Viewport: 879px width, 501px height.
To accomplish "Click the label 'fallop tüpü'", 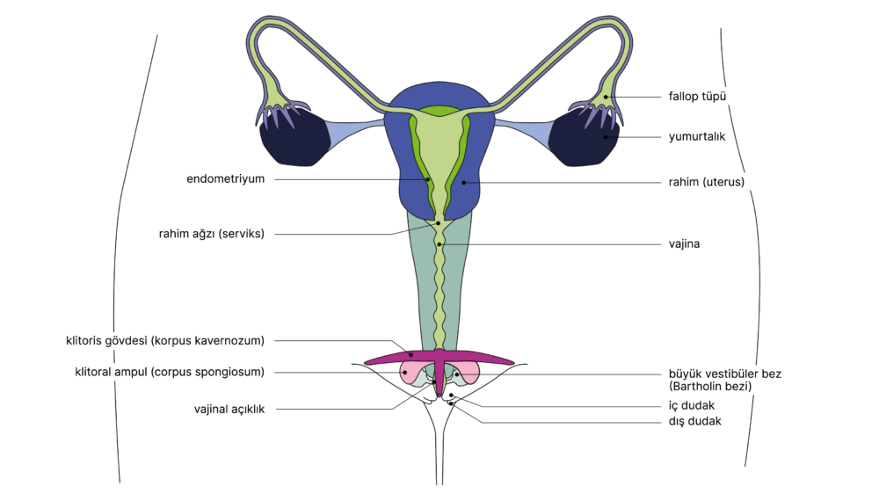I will click(x=697, y=97).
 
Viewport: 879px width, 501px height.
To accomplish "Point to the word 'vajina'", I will click(x=684, y=244).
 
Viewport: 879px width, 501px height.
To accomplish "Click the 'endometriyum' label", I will click(x=226, y=178).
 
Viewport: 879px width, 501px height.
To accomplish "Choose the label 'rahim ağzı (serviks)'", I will click(x=212, y=234).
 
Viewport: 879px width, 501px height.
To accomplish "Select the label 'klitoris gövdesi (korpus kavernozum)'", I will click(x=165, y=340).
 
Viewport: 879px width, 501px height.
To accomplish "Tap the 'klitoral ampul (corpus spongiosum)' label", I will click(x=170, y=372).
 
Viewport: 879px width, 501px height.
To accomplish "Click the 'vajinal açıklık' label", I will click(x=229, y=409).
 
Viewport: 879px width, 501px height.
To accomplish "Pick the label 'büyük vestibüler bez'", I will click(x=724, y=374).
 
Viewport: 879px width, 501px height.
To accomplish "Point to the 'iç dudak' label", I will click(x=691, y=406).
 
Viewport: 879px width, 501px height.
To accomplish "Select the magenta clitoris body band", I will click(x=387, y=356).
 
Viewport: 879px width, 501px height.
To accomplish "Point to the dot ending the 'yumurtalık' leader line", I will click(x=605, y=137).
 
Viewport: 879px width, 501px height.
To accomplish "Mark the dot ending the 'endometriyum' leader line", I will click(x=429, y=179).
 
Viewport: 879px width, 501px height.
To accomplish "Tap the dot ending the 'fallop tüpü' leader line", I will click(x=606, y=97).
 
